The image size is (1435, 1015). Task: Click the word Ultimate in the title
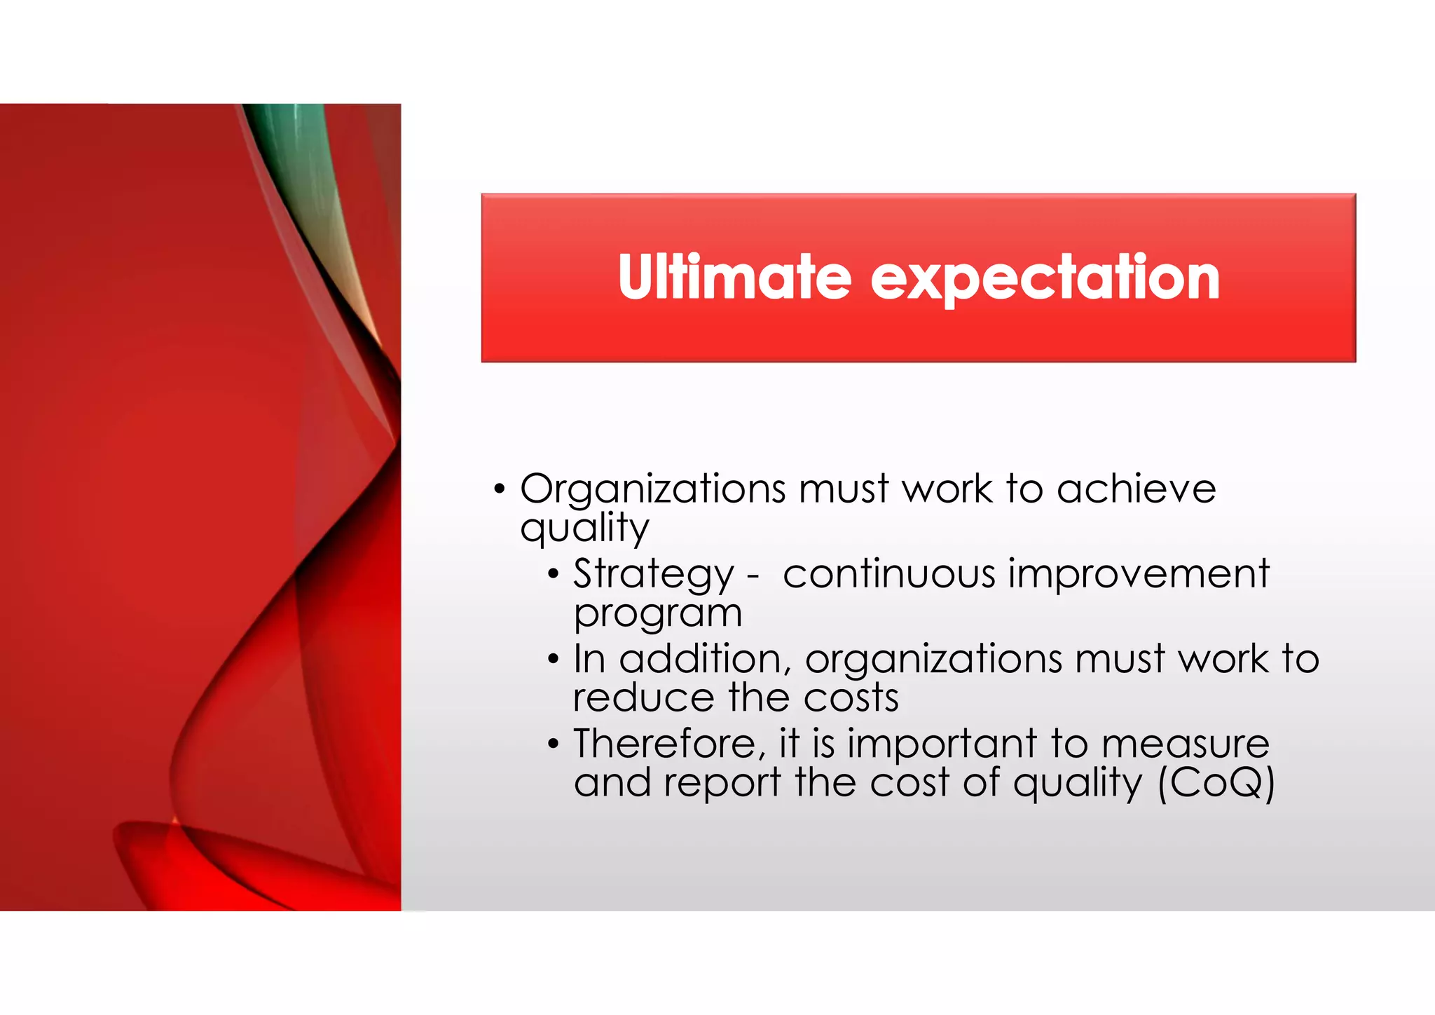[734, 278]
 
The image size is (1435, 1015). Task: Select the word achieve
[1136, 488]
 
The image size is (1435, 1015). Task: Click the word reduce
[643, 698]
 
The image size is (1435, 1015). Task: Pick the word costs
[851, 698]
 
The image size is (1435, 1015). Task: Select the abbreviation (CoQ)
[1216, 783]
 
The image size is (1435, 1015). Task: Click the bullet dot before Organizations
[499, 489]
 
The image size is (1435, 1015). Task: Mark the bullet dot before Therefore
[554, 744]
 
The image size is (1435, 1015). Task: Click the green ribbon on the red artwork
[298, 140]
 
